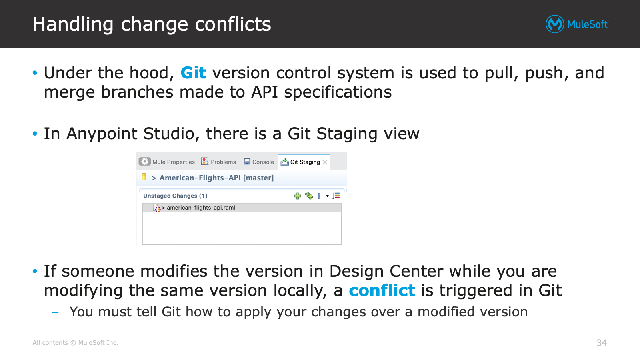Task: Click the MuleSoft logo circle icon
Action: tap(554, 24)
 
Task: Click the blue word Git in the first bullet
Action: tap(193, 72)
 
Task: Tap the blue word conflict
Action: tap(382, 290)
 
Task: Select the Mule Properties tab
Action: tap(167, 162)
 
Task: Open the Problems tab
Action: tap(218, 162)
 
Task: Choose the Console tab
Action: tap(258, 162)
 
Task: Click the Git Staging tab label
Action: tap(305, 162)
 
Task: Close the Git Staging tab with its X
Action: tap(325, 162)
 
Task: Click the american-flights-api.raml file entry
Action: tap(201, 208)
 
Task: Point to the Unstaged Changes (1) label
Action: tap(175, 196)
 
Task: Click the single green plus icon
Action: tap(298, 196)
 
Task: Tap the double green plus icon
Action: tap(309, 196)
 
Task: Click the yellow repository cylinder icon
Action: tap(144, 177)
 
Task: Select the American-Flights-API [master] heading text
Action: tap(216, 178)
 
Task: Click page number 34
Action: tap(602, 342)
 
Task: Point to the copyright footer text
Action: tap(75, 342)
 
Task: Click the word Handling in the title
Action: tap(73, 24)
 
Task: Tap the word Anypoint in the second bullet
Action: tap(102, 134)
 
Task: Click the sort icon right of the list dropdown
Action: tap(336, 196)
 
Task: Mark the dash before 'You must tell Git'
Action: tap(55, 312)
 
